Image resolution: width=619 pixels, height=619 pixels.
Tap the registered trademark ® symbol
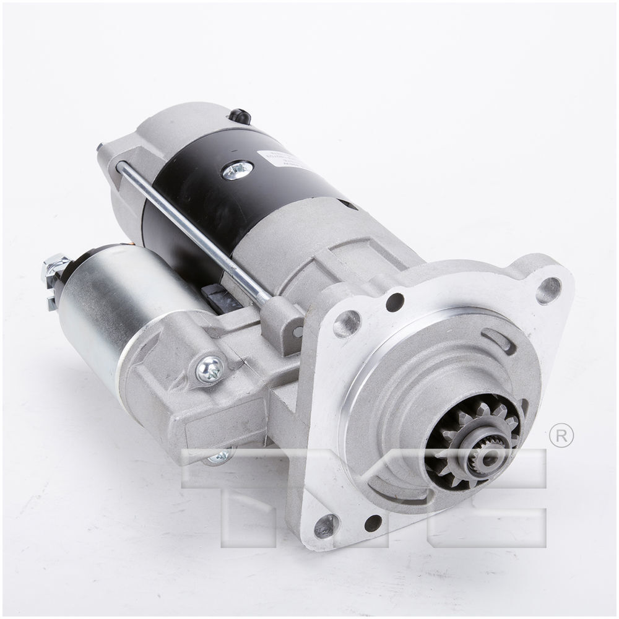click(x=561, y=436)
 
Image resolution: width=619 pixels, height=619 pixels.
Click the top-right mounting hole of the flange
click(x=548, y=290)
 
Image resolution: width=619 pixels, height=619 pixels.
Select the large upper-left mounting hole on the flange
click(x=347, y=323)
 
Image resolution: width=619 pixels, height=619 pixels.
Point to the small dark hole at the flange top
click(x=394, y=302)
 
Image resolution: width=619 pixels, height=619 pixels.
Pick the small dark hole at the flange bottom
click(x=373, y=523)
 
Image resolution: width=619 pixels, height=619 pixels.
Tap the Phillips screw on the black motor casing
click(x=238, y=169)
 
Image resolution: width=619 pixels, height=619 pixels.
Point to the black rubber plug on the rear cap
click(x=240, y=116)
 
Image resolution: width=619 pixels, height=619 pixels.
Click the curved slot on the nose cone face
click(x=498, y=340)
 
